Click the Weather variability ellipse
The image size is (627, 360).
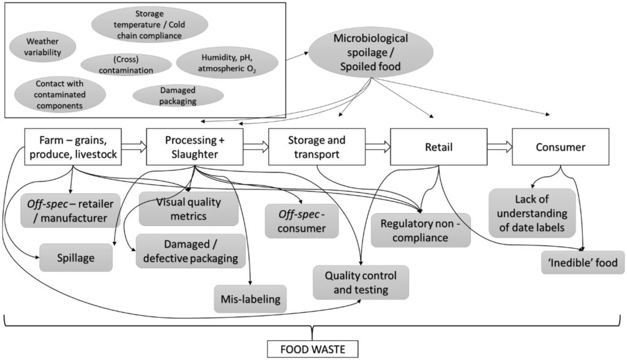click(x=43, y=47)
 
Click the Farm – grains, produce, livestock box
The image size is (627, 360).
click(x=72, y=147)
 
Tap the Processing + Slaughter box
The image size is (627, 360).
click(x=195, y=147)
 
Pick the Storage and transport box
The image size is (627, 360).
click(x=317, y=147)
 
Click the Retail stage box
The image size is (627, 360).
click(x=438, y=147)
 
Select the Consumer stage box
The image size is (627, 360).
click(x=560, y=147)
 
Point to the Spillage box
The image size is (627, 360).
click(x=76, y=258)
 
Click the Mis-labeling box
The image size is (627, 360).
click(x=249, y=299)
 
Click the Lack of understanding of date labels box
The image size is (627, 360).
click(x=531, y=212)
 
